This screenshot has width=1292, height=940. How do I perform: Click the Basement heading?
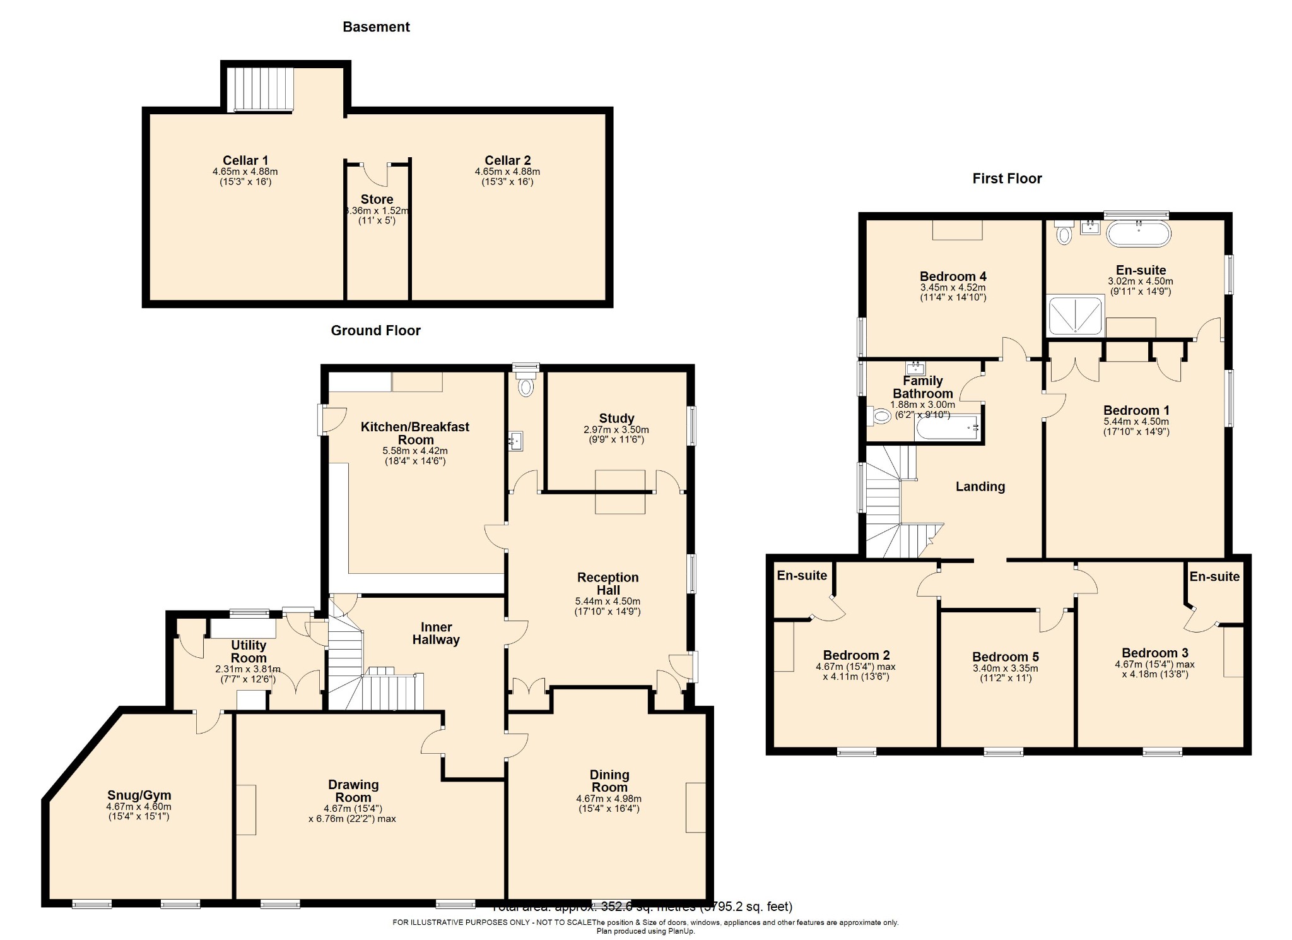click(376, 27)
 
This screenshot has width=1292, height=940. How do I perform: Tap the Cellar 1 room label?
click(245, 160)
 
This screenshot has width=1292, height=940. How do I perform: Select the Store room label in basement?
click(377, 199)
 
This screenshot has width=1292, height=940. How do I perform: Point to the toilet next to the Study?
click(525, 386)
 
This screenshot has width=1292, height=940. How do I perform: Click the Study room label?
click(616, 419)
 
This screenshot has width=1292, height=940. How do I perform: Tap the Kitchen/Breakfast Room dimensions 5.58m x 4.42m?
click(414, 451)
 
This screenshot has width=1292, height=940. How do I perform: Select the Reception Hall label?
click(608, 583)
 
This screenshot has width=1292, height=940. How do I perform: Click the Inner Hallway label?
click(436, 633)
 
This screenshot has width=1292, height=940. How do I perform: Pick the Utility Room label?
click(248, 651)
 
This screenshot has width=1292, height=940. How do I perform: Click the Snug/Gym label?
click(139, 795)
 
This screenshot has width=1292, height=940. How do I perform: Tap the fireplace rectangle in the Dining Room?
click(695, 807)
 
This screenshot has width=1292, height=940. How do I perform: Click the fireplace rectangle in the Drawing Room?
click(247, 809)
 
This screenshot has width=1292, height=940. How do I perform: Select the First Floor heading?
click(1006, 179)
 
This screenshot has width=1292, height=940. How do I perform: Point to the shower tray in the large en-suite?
click(1075, 315)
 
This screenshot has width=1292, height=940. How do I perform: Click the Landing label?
click(980, 486)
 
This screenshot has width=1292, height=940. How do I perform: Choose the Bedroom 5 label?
click(1005, 657)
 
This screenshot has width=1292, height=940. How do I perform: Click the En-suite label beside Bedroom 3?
click(1214, 576)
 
